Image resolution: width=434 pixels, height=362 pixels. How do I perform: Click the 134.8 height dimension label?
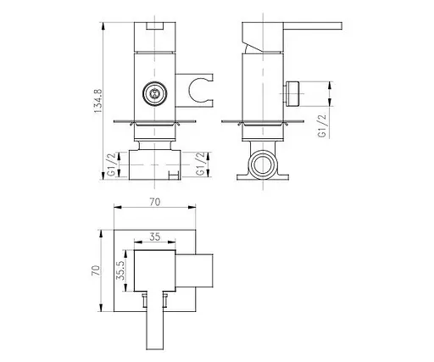[x=98, y=101]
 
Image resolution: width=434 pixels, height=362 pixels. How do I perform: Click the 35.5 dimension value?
[x=120, y=270]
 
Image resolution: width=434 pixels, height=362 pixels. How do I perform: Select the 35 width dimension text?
[x=155, y=237]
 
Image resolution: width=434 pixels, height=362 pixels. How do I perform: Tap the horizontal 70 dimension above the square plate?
[x=155, y=202]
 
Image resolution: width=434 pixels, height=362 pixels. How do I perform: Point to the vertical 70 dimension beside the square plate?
[x=96, y=270]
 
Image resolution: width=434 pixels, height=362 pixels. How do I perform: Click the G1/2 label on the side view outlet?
[x=322, y=125]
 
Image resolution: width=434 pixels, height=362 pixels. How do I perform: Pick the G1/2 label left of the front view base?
[x=112, y=164]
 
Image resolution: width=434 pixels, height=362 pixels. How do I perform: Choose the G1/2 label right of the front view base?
[x=200, y=164]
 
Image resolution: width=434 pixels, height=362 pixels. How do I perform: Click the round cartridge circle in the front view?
[x=154, y=93]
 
